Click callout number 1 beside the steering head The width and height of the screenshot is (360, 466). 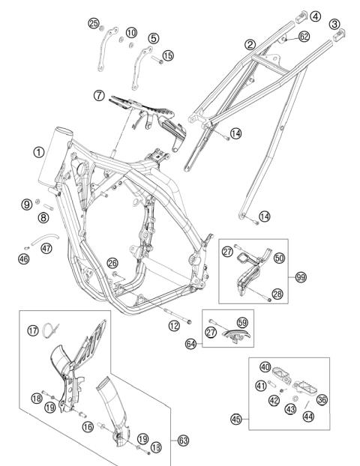click(x=37, y=151)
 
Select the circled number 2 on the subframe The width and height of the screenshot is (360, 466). click(x=250, y=45)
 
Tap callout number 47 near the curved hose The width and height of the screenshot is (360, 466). click(x=46, y=249)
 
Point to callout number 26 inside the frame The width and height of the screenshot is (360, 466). click(x=112, y=263)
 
